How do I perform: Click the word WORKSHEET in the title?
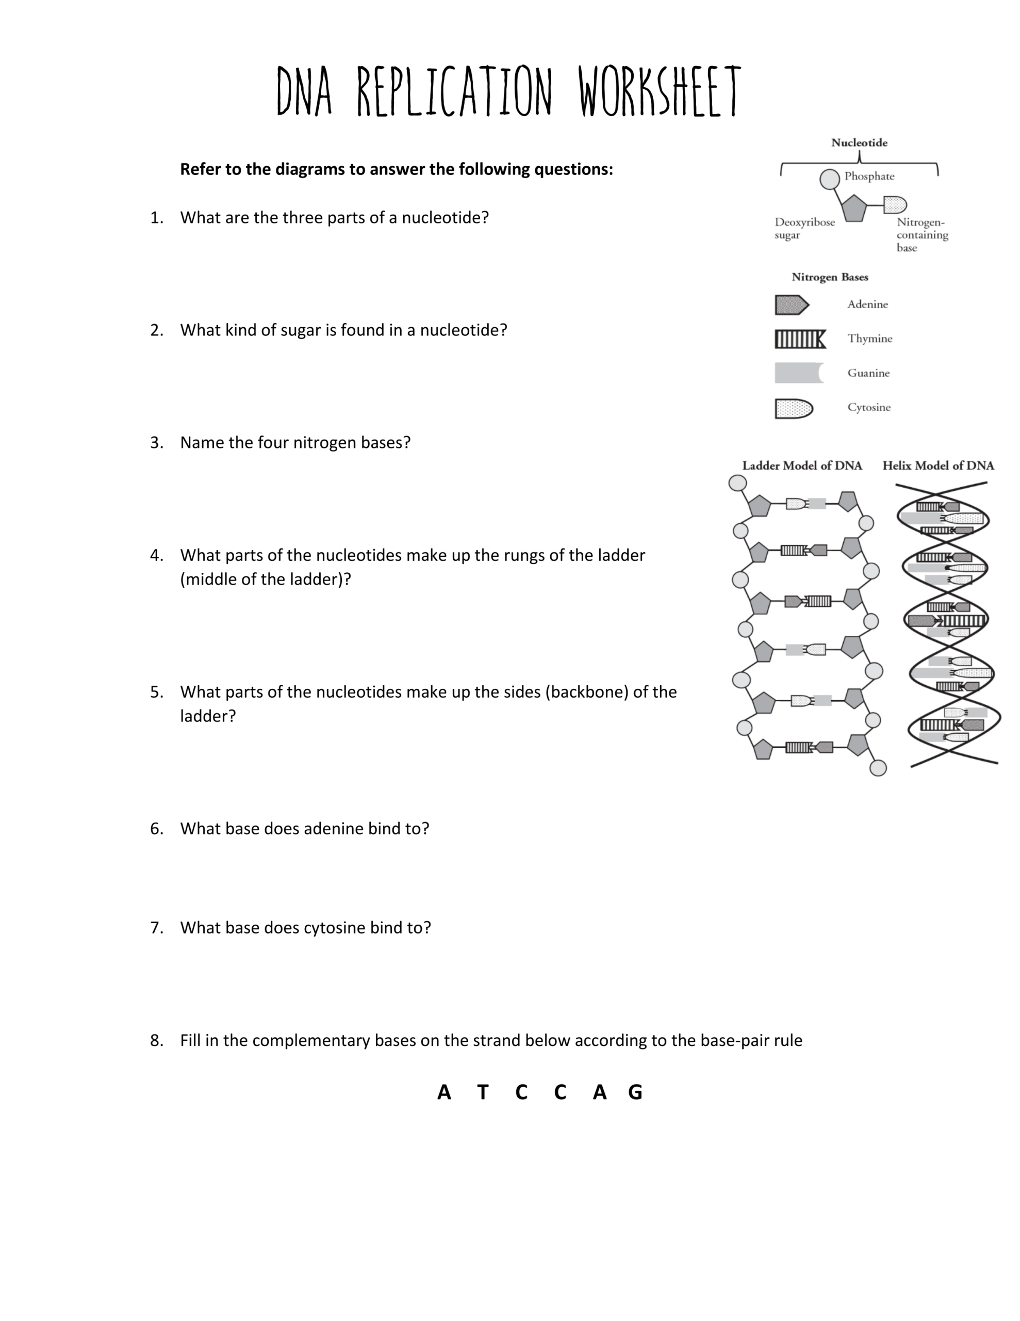(x=659, y=92)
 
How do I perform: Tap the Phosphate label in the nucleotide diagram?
(x=869, y=176)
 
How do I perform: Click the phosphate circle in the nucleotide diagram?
(x=829, y=179)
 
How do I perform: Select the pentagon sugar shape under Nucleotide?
(x=854, y=208)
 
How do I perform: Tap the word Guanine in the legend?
(x=868, y=373)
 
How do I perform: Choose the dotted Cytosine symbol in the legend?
(x=793, y=409)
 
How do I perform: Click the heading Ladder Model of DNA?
(x=802, y=465)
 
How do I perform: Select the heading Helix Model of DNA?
(x=938, y=465)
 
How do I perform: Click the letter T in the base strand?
(x=483, y=1092)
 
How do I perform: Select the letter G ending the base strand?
(x=635, y=1092)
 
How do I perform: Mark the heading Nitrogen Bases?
(x=830, y=277)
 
